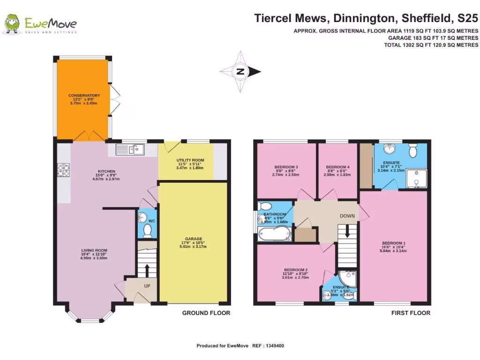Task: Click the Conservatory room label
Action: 84,96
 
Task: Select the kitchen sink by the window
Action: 131,150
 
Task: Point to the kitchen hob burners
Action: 63,169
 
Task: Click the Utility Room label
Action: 190,160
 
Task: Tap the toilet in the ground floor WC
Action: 148,230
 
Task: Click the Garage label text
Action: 193,239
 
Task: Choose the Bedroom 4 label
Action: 337,167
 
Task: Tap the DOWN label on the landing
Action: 347,217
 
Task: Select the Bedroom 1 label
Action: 395,243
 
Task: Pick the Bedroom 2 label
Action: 296,270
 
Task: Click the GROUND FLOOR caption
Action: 206,313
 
